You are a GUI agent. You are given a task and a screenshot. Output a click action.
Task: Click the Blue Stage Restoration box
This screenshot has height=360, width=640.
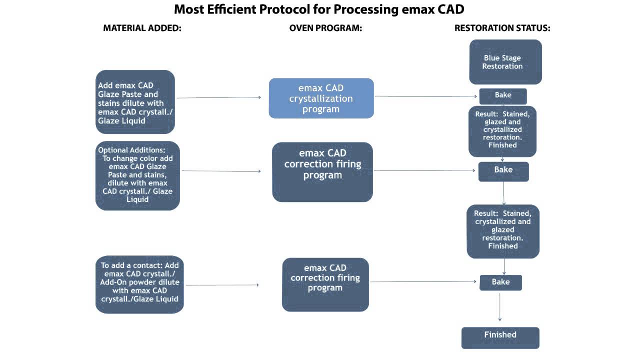tap(505, 62)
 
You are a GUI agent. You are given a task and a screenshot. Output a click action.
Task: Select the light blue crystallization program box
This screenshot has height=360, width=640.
tap(321, 98)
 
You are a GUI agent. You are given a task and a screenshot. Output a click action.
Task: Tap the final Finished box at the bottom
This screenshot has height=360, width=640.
tap(500, 337)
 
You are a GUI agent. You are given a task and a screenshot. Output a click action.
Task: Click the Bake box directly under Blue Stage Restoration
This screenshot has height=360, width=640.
tap(502, 95)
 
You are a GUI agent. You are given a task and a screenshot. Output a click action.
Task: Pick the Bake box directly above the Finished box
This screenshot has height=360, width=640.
tap(500, 282)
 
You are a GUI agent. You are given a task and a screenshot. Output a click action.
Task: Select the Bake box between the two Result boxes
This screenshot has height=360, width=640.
tap(503, 171)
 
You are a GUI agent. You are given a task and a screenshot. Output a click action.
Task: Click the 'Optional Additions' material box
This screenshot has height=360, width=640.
tap(137, 175)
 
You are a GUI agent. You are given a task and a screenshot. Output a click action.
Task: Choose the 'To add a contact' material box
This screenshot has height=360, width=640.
tap(139, 284)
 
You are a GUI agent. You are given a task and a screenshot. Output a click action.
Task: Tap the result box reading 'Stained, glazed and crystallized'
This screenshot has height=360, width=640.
tap(502, 131)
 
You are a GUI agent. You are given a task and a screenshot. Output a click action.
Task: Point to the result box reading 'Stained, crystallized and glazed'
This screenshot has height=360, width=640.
tap(502, 231)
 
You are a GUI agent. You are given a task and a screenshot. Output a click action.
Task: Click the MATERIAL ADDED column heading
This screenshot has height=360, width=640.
tap(142, 28)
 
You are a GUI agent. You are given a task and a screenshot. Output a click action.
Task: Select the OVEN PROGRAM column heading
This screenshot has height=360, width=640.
tap(325, 28)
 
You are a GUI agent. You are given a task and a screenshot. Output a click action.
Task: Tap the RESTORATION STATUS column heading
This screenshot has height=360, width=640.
tap(502, 28)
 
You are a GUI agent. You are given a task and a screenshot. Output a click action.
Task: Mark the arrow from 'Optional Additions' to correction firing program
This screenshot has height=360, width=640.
tap(221, 171)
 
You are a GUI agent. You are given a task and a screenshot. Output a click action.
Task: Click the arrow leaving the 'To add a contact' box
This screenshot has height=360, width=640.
tap(222, 285)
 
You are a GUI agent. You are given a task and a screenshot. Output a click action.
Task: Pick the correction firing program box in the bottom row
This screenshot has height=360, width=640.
tap(325, 284)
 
